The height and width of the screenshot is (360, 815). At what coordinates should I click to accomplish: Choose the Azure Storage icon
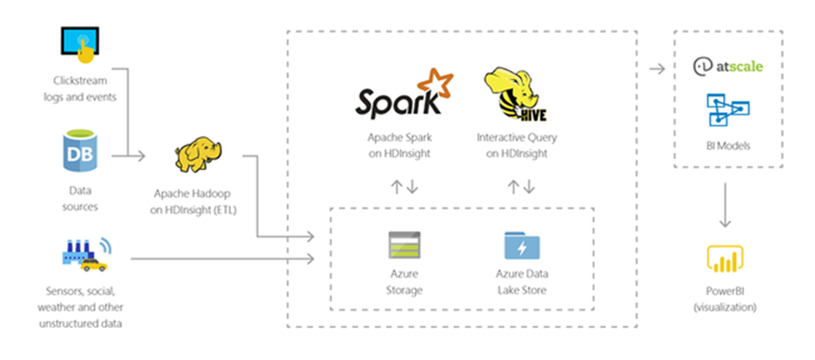click(x=404, y=246)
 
